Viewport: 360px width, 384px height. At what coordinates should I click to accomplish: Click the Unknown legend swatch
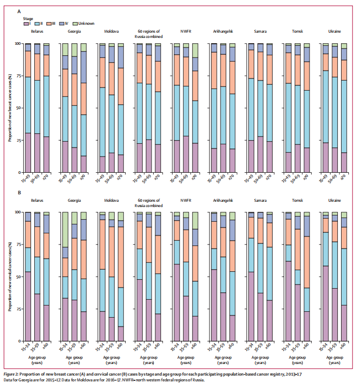click(x=75, y=23)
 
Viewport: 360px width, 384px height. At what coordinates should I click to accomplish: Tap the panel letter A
click(x=19, y=11)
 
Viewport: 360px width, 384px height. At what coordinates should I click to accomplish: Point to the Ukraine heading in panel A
click(x=335, y=32)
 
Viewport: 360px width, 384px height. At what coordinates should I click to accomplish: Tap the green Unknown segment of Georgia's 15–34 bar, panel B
click(x=65, y=229)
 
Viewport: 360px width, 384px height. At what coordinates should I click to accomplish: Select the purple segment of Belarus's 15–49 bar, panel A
click(x=28, y=152)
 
